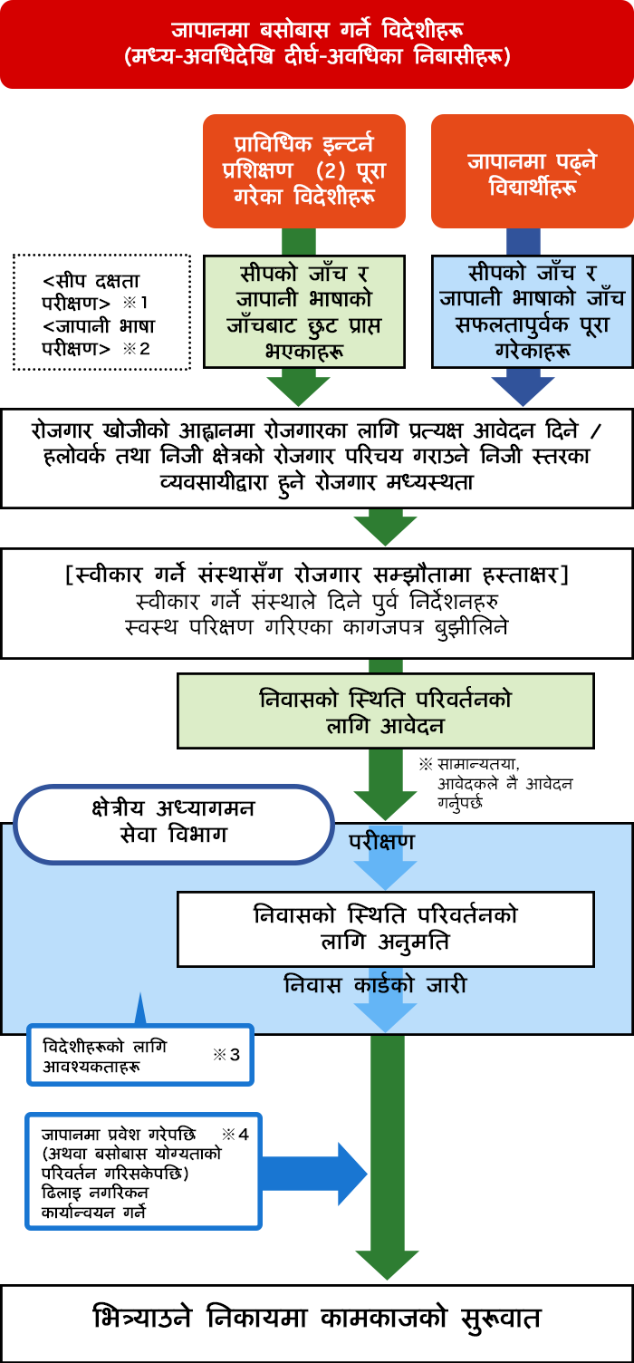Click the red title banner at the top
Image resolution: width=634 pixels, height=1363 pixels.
317,43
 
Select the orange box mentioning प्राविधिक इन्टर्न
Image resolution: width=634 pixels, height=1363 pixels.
304,171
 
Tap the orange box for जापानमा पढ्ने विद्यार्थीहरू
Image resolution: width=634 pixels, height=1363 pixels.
533,171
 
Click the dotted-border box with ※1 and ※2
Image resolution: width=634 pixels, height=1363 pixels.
102,312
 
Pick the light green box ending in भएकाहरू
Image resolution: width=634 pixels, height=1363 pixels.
304,312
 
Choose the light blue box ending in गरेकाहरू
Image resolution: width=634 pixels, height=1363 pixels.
533,312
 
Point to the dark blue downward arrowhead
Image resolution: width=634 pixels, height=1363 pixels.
523,391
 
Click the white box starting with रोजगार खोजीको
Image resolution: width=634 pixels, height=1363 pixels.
317,459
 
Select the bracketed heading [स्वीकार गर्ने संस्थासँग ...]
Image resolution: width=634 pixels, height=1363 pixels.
317,575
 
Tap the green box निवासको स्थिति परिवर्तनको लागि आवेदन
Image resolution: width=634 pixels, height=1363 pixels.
386,710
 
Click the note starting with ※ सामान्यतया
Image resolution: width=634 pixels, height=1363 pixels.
495,784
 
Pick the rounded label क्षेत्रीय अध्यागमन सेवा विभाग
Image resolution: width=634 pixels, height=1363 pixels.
174,825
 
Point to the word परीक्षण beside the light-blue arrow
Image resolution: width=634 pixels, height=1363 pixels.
381,842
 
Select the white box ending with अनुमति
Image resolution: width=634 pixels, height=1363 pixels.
386,929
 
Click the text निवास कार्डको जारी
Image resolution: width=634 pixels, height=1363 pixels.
375,984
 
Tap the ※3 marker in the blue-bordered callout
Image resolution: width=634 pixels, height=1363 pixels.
226,1055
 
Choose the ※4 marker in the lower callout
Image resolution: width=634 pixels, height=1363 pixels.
235,1135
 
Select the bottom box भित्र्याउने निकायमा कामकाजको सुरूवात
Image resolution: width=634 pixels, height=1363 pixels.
317,1324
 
